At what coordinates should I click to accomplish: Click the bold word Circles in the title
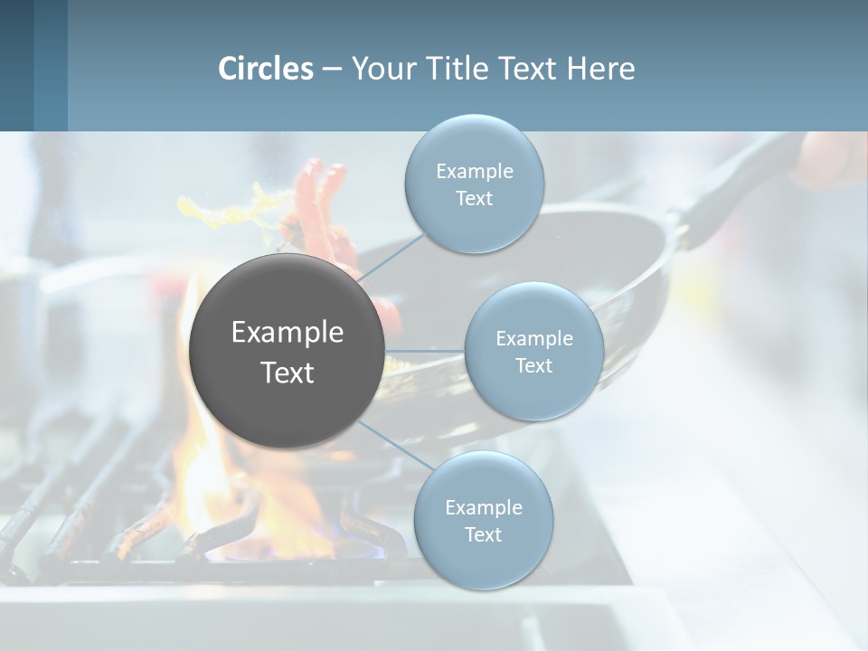click(x=266, y=69)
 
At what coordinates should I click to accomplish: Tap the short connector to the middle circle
click(x=424, y=351)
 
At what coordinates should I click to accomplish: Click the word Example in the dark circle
click(x=287, y=333)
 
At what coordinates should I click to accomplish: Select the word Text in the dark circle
click(x=287, y=373)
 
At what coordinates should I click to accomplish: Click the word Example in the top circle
click(x=474, y=172)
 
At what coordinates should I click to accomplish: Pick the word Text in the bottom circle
click(x=483, y=534)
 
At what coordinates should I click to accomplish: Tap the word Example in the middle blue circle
click(x=533, y=339)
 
